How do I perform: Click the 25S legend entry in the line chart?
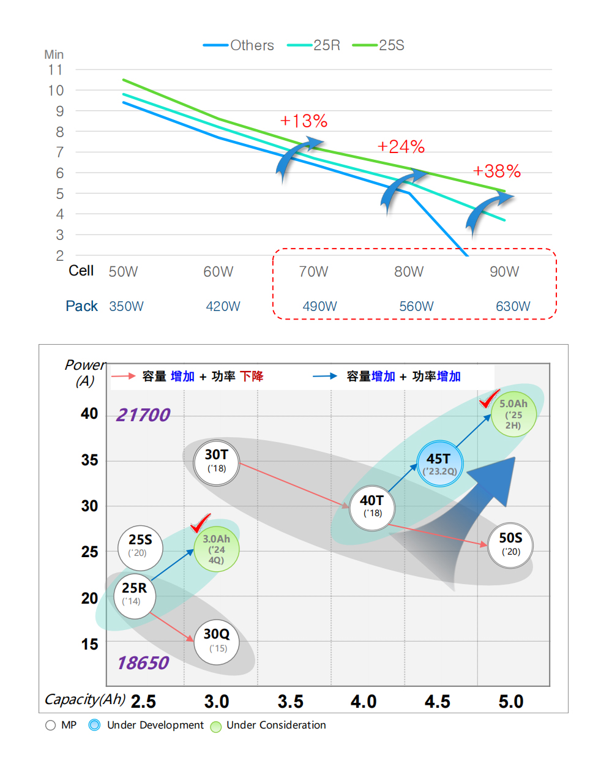378,45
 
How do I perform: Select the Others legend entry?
238,45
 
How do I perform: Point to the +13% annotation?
304,121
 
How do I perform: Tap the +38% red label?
497,171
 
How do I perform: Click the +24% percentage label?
401,146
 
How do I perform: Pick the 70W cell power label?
313,272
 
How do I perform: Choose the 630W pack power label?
513,306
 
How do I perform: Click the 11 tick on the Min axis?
56,70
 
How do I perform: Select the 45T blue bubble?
440,463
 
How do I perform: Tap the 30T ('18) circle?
216,463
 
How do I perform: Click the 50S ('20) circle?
510,546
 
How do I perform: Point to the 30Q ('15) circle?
216,642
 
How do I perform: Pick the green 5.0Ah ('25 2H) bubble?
513,414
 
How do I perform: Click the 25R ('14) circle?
135,596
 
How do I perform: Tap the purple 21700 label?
143,415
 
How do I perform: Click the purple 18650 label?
143,662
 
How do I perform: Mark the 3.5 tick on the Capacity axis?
290,702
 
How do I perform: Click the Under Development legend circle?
95,725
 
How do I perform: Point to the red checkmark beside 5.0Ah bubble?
490,399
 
